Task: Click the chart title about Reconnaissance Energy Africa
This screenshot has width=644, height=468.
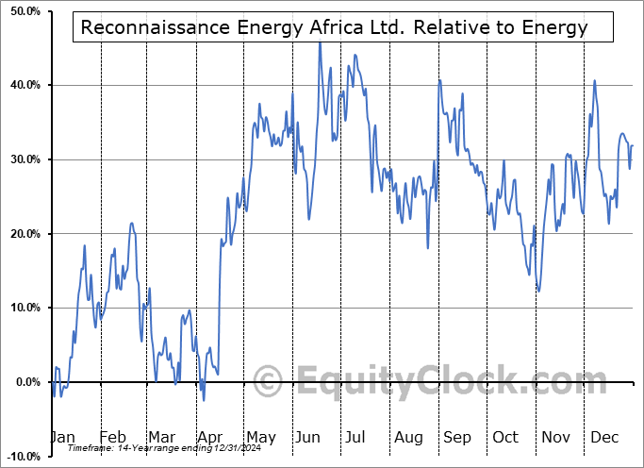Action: coord(335,27)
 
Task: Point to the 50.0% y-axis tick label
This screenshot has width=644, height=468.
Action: coord(21,11)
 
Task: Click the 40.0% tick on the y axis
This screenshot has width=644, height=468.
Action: coord(21,86)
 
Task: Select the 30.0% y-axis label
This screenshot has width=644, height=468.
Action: coord(21,159)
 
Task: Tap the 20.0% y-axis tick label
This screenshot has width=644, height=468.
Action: coord(21,234)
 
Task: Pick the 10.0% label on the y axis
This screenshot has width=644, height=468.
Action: coord(21,308)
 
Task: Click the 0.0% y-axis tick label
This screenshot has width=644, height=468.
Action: coord(24,382)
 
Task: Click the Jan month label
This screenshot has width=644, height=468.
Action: coord(62,437)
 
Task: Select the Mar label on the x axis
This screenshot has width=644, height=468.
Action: coord(161,437)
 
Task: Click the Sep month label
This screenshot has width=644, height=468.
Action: coord(457,437)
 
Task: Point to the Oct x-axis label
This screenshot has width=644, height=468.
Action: coord(506,437)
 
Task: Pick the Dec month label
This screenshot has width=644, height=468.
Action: coord(605,437)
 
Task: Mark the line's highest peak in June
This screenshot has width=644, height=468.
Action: coord(320,42)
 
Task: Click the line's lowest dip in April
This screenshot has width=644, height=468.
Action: coord(204,400)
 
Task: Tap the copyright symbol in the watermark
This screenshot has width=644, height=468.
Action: coord(269,382)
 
